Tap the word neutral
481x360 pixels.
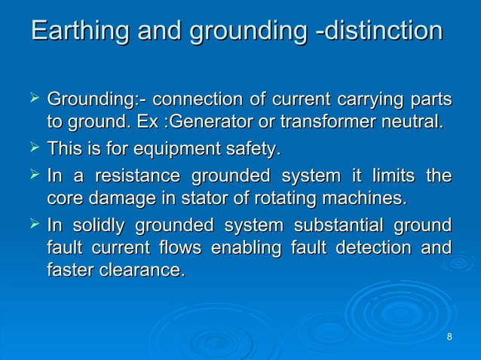[x=412, y=121]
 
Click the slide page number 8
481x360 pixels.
[x=449, y=336]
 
